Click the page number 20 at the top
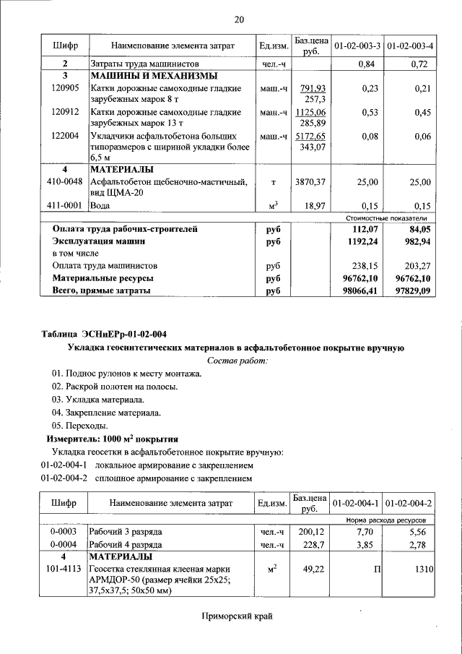tap(239, 19)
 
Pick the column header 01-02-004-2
tap(409, 503)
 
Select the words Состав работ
tap(237, 360)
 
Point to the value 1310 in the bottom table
tap(422, 570)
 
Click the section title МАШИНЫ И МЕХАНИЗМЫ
tap(155, 75)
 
